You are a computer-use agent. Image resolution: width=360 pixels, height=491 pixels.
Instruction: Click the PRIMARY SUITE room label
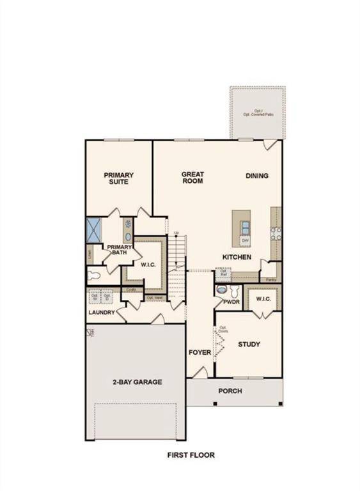click(117, 177)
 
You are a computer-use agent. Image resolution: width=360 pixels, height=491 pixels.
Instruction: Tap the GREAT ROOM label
click(192, 177)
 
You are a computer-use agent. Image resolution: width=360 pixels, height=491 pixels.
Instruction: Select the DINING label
click(257, 176)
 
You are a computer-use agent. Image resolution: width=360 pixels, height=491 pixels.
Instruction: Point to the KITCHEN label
click(237, 257)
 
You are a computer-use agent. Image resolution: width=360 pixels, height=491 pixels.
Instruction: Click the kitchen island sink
click(246, 227)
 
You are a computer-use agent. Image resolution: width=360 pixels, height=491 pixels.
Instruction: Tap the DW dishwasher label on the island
click(245, 240)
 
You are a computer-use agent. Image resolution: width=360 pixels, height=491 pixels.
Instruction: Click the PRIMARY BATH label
click(120, 249)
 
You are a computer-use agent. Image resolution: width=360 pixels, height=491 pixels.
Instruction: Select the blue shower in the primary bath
click(96, 229)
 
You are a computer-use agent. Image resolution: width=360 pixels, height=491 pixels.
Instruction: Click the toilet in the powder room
click(221, 290)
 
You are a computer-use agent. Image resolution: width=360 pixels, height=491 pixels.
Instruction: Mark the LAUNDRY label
click(102, 313)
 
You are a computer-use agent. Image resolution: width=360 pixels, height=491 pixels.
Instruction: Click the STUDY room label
click(249, 345)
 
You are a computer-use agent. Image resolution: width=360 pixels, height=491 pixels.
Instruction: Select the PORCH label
click(230, 391)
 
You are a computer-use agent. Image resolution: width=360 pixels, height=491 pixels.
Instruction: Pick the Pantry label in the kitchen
click(271, 279)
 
